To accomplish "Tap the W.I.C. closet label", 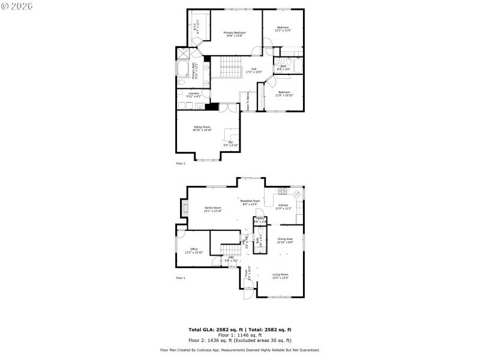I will point(196,25).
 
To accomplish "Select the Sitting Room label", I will point(202,128).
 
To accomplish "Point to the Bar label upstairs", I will point(231,143).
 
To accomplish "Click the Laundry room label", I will point(194,94).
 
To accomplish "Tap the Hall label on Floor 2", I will point(254,70).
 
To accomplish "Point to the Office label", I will point(194,250).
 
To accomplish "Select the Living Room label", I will point(280,275).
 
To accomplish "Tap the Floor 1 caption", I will point(181,278).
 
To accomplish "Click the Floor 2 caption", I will point(181,163).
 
